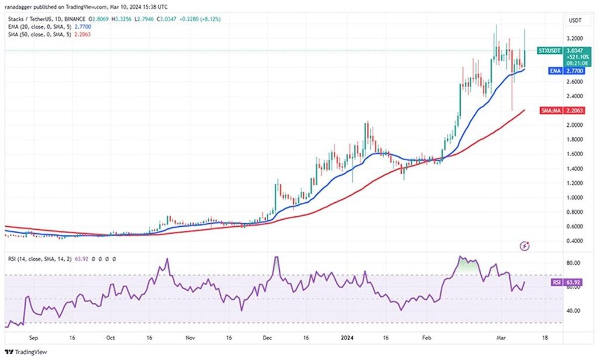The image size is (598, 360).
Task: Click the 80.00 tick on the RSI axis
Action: point(573,263)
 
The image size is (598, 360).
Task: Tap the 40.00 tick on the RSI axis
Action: point(573,311)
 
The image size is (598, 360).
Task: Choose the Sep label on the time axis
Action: point(33,338)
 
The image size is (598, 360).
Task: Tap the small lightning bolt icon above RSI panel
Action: point(526,246)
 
